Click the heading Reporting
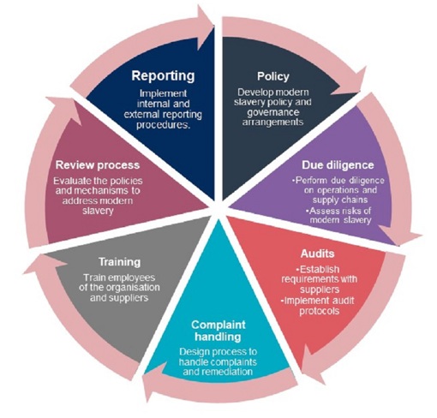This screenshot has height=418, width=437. (x=163, y=76)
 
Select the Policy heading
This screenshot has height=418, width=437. (x=273, y=76)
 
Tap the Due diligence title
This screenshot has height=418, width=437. (x=338, y=165)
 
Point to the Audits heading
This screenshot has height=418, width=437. (x=317, y=254)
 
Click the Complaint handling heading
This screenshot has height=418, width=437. (x=218, y=331)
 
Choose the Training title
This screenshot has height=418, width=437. (x=119, y=262)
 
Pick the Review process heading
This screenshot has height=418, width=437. (x=98, y=165)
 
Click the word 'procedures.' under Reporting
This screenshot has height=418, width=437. (x=163, y=125)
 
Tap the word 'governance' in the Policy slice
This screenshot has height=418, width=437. (x=273, y=112)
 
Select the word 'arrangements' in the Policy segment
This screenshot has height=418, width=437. (x=272, y=122)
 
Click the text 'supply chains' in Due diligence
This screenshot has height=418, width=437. (x=340, y=200)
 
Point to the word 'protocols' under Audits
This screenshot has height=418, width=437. (x=320, y=311)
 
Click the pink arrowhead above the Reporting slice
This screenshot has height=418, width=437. (x=205, y=28)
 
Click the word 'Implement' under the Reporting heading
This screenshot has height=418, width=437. (x=163, y=93)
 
